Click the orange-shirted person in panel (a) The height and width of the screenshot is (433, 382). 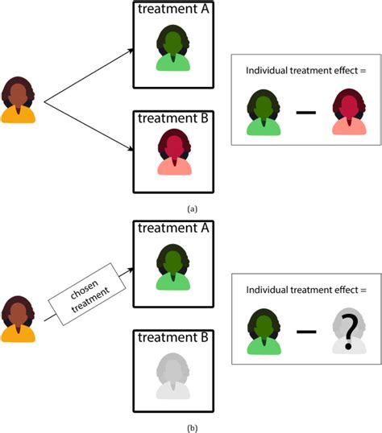19,101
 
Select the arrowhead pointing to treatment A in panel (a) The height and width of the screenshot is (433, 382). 129,50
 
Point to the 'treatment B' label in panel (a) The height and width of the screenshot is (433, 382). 172,119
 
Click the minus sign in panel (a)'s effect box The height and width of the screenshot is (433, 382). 305,113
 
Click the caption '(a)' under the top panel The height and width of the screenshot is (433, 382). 191,208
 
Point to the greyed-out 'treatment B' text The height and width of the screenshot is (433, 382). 172,336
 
